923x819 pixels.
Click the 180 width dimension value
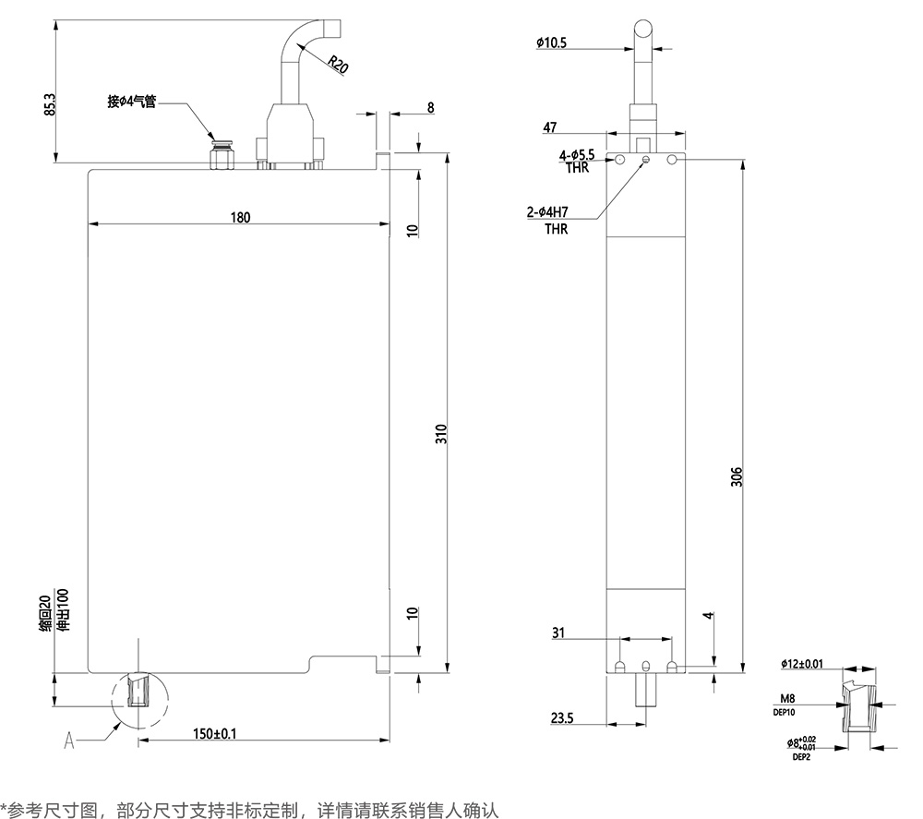pos(239,218)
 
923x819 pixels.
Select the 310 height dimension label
pos(441,433)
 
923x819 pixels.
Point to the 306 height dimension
pos(736,476)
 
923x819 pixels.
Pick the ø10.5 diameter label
pos(551,42)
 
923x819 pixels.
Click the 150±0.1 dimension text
pos(215,734)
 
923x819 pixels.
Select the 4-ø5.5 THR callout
pos(577,161)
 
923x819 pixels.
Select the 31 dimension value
pos(557,632)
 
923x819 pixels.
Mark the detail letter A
pos(68,740)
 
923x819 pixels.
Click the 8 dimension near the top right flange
pos(430,108)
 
